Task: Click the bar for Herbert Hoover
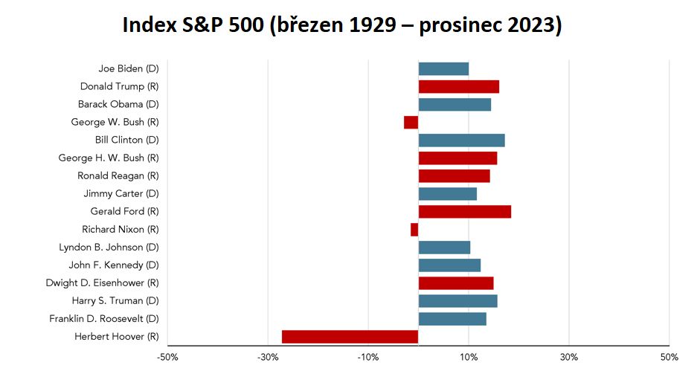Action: pyautogui.click(x=350, y=337)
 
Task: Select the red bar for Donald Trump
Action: pyautogui.click(x=459, y=86)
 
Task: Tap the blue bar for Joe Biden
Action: pyautogui.click(x=443, y=69)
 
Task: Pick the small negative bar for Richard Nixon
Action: pyautogui.click(x=414, y=230)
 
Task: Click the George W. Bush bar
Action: pyautogui.click(x=411, y=122)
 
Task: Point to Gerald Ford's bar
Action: pyautogui.click(x=464, y=212)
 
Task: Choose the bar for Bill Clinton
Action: pyautogui.click(x=461, y=140)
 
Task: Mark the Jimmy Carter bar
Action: pyautogui.click(x=448, y=194)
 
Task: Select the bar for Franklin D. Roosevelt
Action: pyautogui.click(x=452, y=319)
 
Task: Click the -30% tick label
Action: pyautogui.click(x=268, y=357)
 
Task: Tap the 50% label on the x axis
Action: pyautogui.click(x=669, y=357)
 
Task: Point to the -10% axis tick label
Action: pyautogui.click(x=368, y=357)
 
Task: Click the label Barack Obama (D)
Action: pyautogui.click(x=118, y=104)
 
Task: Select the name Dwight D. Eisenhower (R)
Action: pyautogui.click(x=102, y=282)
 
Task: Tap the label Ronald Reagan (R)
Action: pyautogui.click(x=118, y=176)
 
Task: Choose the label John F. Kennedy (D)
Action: pyautogui.click(x=114, y=265)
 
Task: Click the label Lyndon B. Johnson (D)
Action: pyautogui.click(x=109, y=248)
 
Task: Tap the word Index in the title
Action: pyautogui.click(x=149, y=25)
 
